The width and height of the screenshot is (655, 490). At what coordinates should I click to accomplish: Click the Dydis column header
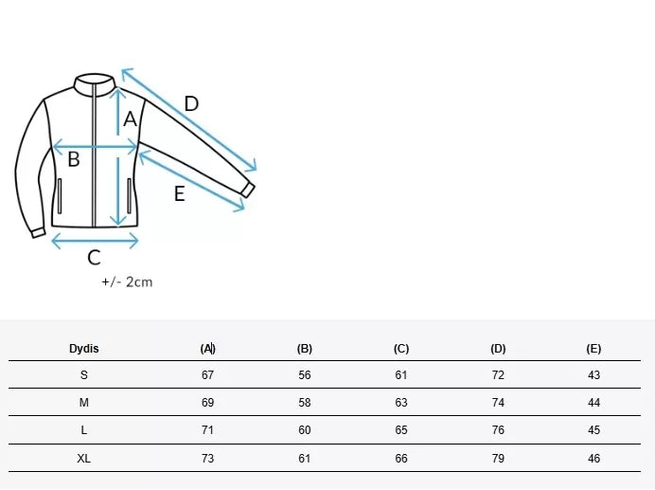tap(84, 349)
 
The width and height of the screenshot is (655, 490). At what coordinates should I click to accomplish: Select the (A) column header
tap(207, 349)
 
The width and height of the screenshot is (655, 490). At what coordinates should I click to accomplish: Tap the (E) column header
tap(593, 349)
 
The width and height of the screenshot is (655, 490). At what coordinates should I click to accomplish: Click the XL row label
tap(83, 458)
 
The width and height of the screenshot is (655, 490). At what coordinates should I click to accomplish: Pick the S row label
tap(84, 375)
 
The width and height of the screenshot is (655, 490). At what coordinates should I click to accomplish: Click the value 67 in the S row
tap(207, 375)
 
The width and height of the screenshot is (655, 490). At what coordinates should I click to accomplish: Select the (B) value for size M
tap(305, 403)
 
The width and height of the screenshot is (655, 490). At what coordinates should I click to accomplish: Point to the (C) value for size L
tap(401, 430)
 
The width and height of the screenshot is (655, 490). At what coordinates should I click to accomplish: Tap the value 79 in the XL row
tap(498, 458)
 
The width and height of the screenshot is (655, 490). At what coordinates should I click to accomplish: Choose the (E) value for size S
tap(593, 375)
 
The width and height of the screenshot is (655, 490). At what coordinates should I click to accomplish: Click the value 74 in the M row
tap(498, 403)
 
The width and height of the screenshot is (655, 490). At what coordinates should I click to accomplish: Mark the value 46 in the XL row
tap(593, 458)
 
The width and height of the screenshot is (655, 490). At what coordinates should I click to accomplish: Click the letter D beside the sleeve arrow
tap(191, 103)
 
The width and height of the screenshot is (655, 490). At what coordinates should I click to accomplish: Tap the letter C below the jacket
tap(94, 258)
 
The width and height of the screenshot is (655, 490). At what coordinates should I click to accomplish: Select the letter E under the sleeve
tap(179, 193)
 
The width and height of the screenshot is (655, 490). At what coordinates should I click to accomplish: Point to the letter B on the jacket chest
tap(74, 159)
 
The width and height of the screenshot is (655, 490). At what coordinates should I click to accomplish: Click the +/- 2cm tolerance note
tap(127, 282)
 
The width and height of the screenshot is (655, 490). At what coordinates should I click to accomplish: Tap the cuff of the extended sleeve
tap(248, 191)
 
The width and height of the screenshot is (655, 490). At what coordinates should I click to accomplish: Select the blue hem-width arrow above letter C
tap(95, 241)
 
